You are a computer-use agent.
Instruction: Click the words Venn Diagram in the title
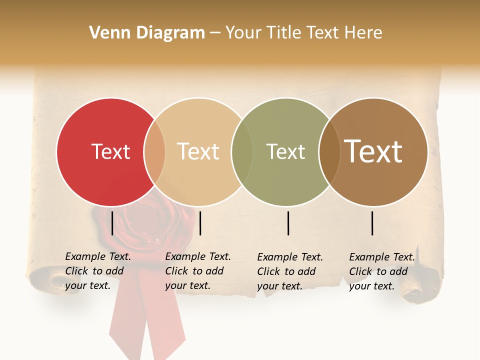pos(147,33)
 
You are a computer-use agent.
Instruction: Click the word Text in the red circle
pos(110,151)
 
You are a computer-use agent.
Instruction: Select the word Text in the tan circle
pos(198,151)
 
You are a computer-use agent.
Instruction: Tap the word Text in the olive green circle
pos(285,151)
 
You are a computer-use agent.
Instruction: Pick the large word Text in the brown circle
pos(373,151)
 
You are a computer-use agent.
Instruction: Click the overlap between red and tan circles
pos(154,152)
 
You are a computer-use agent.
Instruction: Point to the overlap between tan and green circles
pos(241,152)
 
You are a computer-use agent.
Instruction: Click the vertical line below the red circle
pos(112,223)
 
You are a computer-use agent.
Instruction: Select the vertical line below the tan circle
pos(200,223)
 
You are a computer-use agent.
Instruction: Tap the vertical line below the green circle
pos(288,223)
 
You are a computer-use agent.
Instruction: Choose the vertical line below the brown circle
pos(372,223)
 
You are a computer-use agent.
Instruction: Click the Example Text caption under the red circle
pos(98,271)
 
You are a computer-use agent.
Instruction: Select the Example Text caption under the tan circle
pos(198,271)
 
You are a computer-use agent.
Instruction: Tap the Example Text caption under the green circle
pos(290,271)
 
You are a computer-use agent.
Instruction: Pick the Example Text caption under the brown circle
pos(382,271)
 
